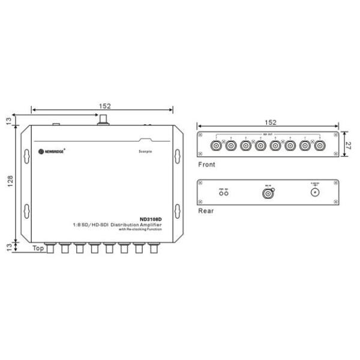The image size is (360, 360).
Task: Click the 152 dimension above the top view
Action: click(x=104, y=106)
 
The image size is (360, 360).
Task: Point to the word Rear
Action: click(x=205, y=211)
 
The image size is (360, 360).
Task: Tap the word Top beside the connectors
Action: click(x=38, y=247)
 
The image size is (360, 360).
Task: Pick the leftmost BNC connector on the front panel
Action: click(x=214, y=145)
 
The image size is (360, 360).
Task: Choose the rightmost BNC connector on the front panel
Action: click(x=319, y=145)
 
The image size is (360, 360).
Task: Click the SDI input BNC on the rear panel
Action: click(x=269, y=193)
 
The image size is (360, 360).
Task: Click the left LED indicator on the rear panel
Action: click(x=221, y=194)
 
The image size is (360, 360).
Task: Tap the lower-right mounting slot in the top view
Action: click(x=177, y=211)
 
